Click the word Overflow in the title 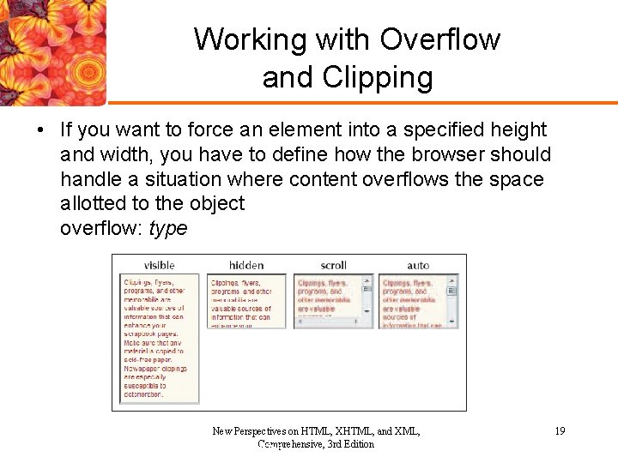click(x=439, y=39)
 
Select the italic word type click(x=168, y=229)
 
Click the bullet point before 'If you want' click(x=40, y=130)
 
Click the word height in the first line click(x=517, y=130)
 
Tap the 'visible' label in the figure click(x=160, y=265)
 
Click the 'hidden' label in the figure click(x=246, y=265)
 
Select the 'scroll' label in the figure click(x=333, y=265)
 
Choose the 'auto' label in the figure click(x=418, y=265)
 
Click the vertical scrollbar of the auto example click(x=452, y=300)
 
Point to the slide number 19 click(x=560, y=431)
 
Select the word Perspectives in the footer click(x=262, y=431)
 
